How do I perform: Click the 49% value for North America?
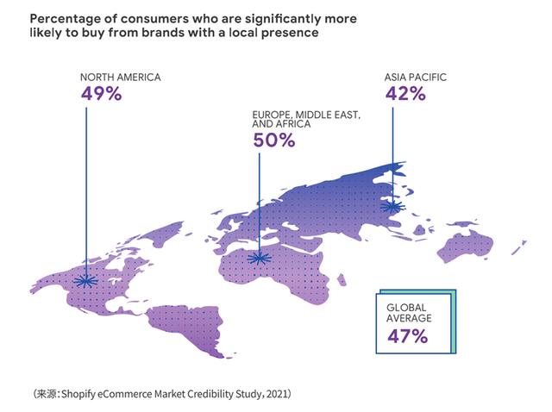pos(101,93)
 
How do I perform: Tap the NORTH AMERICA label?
pos(120,78)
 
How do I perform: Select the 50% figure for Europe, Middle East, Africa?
pos(274,140)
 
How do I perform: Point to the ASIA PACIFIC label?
pos(416,78)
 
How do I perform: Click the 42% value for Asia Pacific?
pos(405,93)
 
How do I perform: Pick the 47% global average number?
pos(407,336)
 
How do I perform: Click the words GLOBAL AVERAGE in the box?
pos(409,313)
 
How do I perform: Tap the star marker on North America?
pos(85,280)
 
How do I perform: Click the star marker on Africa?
pos(258,257)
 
